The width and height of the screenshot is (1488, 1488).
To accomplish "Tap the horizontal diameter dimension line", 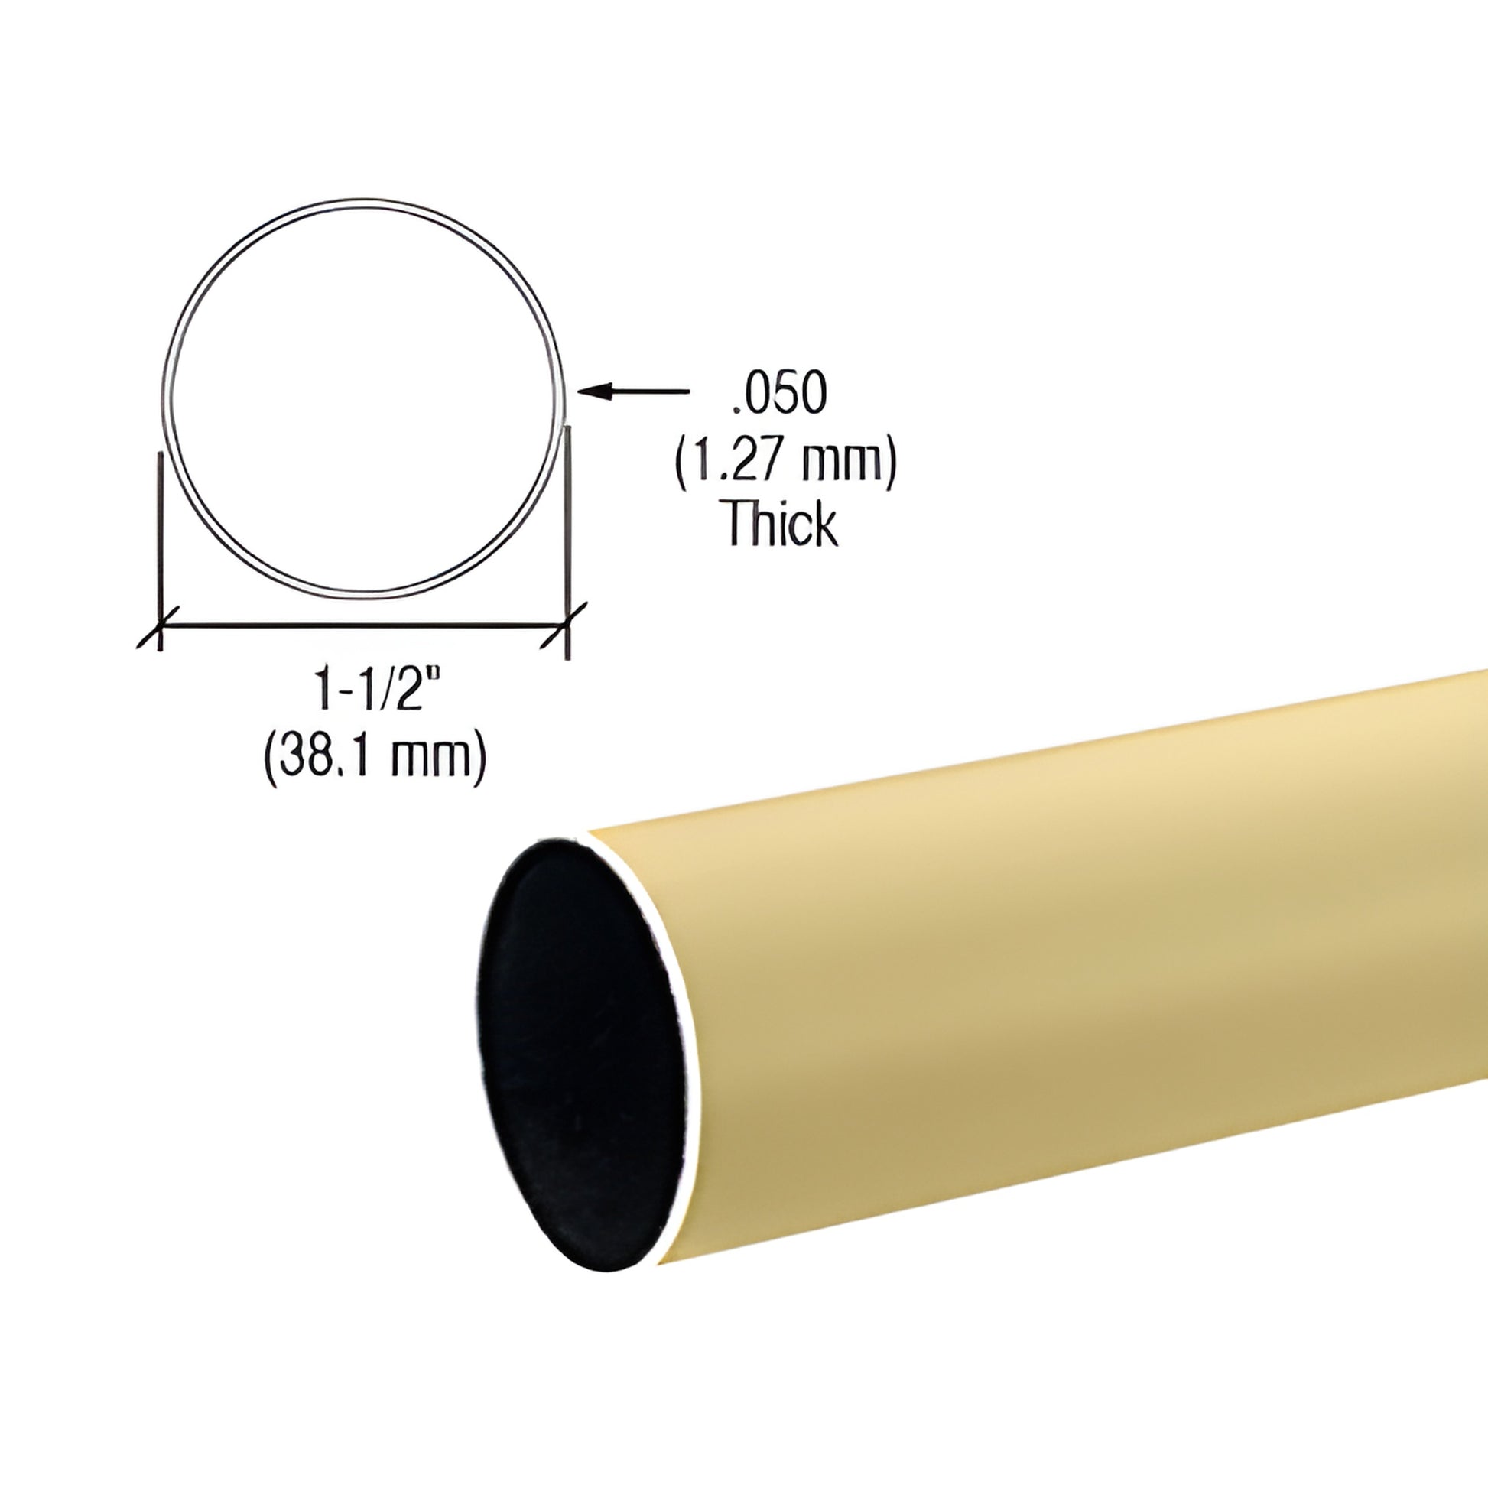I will coord(362,626).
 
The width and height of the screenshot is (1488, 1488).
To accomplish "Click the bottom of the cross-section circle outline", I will coord(363,594).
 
